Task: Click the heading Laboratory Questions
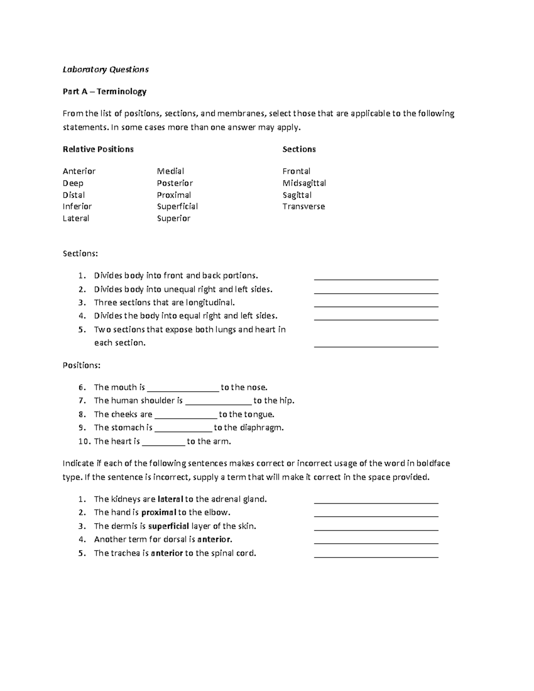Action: pos(105,69)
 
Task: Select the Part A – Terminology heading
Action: pos(105,92)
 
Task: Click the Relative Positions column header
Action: pos(98,149)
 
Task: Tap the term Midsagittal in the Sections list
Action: pos(304,183)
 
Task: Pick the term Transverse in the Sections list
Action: pos(303,206)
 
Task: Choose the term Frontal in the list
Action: pos(296,171)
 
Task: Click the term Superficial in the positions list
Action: pos(177,206)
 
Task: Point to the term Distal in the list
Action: pos(74,195)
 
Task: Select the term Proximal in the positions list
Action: pos(174,195)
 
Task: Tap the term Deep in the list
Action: pos(73,183)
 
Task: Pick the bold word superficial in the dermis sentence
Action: pos(169,526)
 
